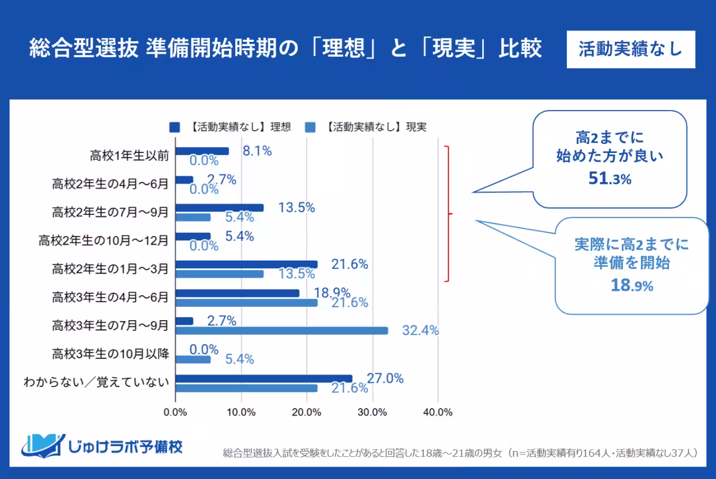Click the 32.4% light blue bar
[282, 331]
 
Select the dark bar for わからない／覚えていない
[264, 378]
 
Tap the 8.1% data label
[257, 151]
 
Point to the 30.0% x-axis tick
[372, 412]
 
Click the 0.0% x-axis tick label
[175, 412]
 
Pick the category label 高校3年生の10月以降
[110, 354]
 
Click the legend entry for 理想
[230, 127]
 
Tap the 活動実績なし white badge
[631, 50]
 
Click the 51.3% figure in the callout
[609, 179]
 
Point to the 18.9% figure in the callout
[631, 285]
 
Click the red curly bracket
[449, 213]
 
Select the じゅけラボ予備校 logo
[102, 446]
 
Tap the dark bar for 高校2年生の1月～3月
[246, 264]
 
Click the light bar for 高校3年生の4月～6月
[246, 303]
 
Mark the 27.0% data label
[385, 378]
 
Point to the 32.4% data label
[420, 330]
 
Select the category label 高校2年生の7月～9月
[110, 212]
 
